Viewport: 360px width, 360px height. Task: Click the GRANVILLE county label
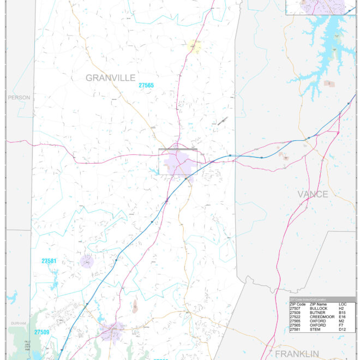110,78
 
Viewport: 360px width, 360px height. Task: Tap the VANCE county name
313,194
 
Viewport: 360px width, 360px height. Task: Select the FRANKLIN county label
296,354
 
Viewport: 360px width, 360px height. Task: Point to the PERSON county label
19,98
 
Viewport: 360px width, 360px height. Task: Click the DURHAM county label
18,323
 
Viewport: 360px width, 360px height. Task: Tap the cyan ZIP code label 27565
146,86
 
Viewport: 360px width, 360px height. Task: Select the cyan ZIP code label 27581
49,261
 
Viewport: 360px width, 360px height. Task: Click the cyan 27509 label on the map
42,332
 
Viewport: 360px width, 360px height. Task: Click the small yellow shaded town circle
194,46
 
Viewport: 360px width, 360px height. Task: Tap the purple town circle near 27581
87,261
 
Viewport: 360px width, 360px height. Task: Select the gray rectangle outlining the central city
178,161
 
